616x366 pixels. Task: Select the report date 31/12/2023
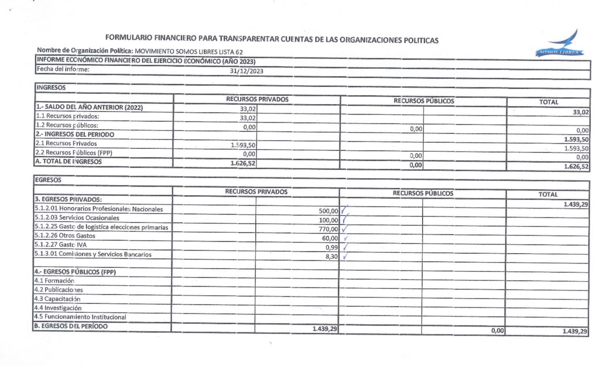246,71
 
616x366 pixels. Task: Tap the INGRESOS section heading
51,87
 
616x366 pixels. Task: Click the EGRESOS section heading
48,180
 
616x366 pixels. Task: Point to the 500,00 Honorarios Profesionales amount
328,211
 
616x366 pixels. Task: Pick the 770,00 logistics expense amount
328,229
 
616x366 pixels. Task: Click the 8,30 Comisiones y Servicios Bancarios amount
331,256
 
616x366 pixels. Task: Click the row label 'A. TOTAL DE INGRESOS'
69,162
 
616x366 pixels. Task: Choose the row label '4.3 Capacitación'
57,299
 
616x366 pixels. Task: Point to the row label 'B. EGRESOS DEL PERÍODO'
71,326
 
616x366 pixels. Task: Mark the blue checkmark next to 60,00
345,238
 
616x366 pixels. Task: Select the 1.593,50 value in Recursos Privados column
243,145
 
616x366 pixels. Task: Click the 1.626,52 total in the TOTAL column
576,166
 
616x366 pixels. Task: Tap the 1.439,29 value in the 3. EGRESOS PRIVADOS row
575,204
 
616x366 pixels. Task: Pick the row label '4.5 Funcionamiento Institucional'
80,317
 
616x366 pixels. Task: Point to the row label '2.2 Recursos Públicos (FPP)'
74,153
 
